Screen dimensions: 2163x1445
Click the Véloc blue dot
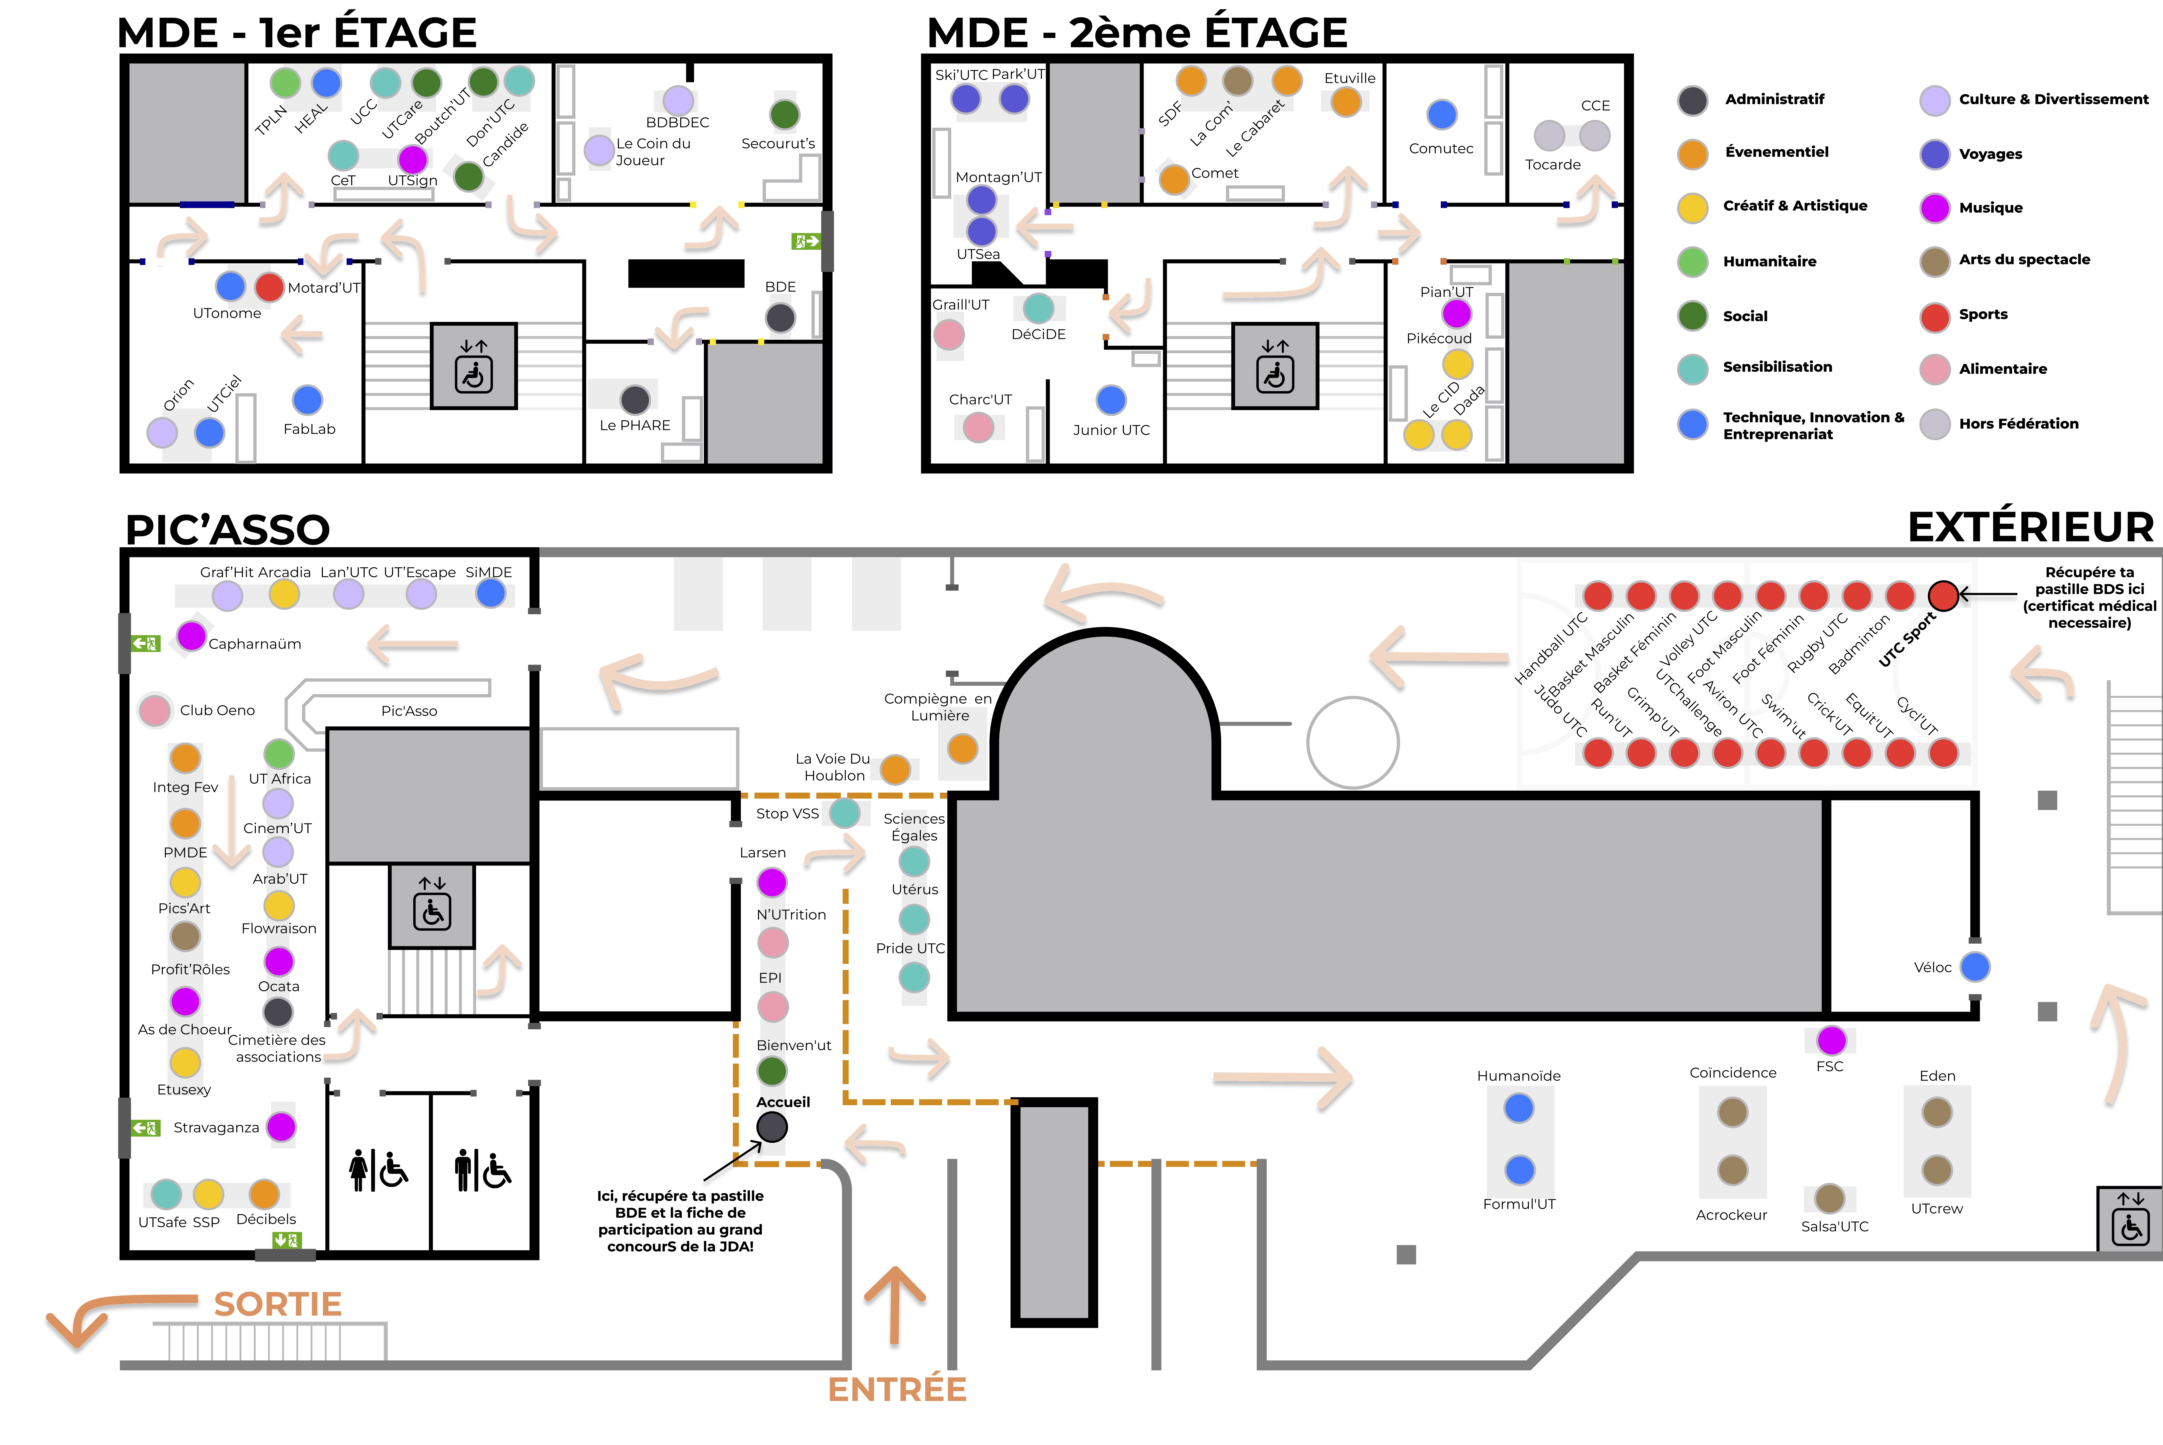pyautogui.click(x=1975, y=967)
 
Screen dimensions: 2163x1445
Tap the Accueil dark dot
pyautogui.click(x=772, y=1126)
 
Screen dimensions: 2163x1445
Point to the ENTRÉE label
pyautogui.click(x=897, y=1389)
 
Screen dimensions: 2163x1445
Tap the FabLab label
pyautogui.click(x=310, y=429)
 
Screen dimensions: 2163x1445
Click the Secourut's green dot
pyautogui.click(x=784, y=115)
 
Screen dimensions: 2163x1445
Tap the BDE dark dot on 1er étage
pyautogui.click(x=781, y=318)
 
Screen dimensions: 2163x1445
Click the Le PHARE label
pyautogui.click(x=635, y=425)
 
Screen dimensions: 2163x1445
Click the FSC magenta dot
pyautogui.click(x=1831, y=1039)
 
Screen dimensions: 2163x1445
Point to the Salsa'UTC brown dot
pyautogui.click(x=1829, y=1198)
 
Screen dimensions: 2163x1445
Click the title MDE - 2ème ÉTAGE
pyautogui.click(x=1137, y=33)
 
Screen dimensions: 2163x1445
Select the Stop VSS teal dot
pyautogui.click(x=845, y=813)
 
